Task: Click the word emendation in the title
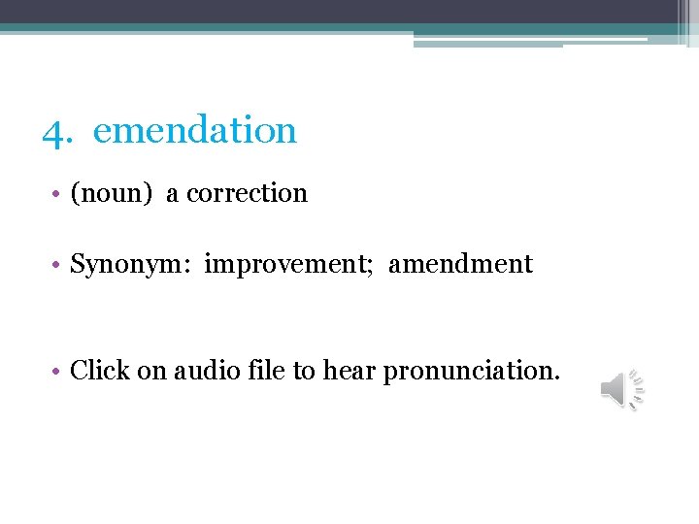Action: tap(194, 130)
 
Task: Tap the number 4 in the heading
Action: tap(54, 130)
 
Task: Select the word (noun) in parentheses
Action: tap(112, 193)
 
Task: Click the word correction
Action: tap(247, 193)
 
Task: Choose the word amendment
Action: tap(461, 264)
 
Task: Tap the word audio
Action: tap(205, 370)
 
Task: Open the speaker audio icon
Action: tap(622, 389)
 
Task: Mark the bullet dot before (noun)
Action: tap(59, 194)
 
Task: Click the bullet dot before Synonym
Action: tap(59, 265)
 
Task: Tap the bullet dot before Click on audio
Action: tap(59, 371)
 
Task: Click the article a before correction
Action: tap(172, 194)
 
